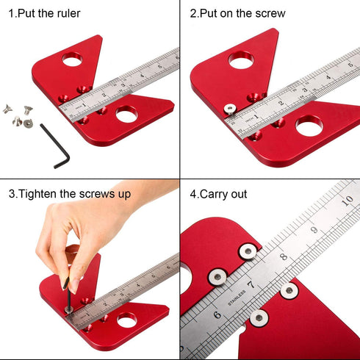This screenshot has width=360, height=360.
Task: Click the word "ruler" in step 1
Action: tap(65, 13)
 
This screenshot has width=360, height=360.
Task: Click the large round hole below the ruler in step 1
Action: tap(126, 114)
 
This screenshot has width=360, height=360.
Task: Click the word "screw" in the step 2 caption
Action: tap(267, 13)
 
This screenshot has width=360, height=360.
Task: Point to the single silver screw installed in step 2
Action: tap(229, 108)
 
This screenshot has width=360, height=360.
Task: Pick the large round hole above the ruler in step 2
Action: tap(240, 60)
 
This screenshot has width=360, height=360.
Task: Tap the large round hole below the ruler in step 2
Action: tap(308, 124)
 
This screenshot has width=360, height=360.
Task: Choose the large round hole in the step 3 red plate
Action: tap(126, 320)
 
